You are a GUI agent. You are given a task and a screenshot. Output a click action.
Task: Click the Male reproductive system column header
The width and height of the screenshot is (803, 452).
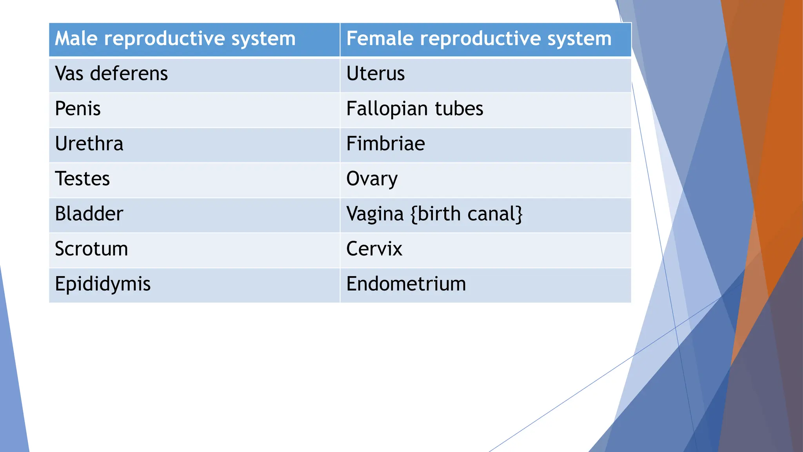click(175, 39)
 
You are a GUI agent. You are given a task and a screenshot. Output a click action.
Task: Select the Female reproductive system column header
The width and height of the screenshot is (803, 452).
click(479, 39)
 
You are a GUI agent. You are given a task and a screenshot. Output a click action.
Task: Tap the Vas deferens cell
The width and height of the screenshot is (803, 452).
click(111, 74)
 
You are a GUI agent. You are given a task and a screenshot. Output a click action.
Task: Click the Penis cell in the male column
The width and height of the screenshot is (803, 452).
click(78, 109)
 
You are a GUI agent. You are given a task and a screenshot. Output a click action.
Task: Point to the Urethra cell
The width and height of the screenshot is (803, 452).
click(89, 144)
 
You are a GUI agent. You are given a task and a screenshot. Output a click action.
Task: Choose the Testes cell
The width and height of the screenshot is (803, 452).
click(82, 179)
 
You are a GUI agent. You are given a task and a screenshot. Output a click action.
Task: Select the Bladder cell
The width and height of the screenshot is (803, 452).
click(89, 214)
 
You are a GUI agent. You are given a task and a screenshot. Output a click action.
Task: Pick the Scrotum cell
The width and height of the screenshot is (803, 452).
click(91, 249)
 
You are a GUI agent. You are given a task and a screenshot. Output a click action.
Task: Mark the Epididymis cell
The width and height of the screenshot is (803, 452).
click(103, 284)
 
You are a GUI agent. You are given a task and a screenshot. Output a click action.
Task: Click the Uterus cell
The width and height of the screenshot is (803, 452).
click(375, 74)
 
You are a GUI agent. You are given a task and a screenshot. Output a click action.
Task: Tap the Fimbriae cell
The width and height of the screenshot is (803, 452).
click(385, 144)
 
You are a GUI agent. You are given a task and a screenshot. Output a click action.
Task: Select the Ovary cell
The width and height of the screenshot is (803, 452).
click(372, 179)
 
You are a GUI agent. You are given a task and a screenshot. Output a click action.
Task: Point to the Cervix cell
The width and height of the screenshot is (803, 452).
click(374, 249)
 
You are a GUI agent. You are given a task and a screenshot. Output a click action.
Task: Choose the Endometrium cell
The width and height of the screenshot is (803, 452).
click(406, 284)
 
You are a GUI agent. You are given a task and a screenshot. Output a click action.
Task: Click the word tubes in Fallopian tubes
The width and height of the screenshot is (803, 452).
click(459, 109)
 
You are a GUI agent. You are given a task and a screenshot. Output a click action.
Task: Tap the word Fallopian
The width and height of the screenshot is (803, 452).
click(387, 109)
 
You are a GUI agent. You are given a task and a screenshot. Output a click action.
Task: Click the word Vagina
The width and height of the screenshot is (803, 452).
click(375, 214)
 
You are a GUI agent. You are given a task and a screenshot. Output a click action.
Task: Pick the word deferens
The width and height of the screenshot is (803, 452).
click(129, 74)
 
